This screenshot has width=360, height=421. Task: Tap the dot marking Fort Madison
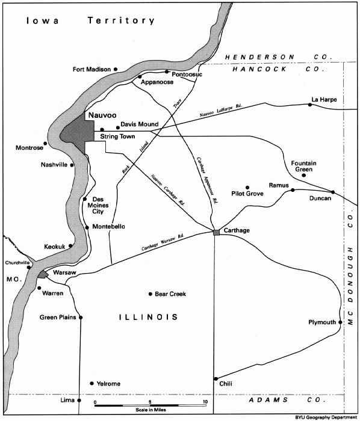tap(116, 69)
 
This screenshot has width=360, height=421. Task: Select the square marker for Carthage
tap(216, 232)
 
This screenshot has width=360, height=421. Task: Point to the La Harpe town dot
tap(310, 105)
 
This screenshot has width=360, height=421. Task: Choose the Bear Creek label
tap(170, 294)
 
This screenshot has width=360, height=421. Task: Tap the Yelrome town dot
tap(92, 383)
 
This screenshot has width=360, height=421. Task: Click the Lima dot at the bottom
tap(79, 400)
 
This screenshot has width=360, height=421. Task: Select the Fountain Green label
tap(303, 167)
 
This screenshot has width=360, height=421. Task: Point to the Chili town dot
tap(215, 378)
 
